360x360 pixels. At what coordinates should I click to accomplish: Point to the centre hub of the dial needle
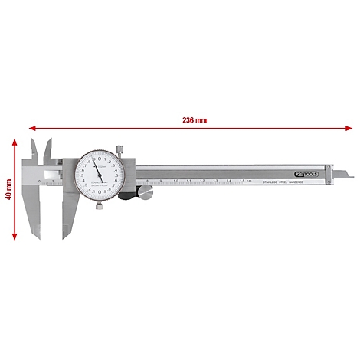(x=97, y=176)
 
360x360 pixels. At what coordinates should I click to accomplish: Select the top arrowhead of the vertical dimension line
(x=16, y=139)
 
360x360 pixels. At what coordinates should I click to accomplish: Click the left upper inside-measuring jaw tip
(x=33, y=139)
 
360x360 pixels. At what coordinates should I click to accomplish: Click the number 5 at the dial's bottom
(x=97, y=198)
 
